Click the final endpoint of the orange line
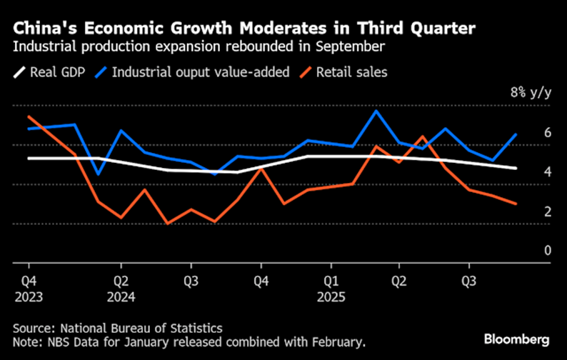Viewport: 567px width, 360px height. tap(516, 204)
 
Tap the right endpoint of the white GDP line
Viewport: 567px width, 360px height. tap(516, 169)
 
